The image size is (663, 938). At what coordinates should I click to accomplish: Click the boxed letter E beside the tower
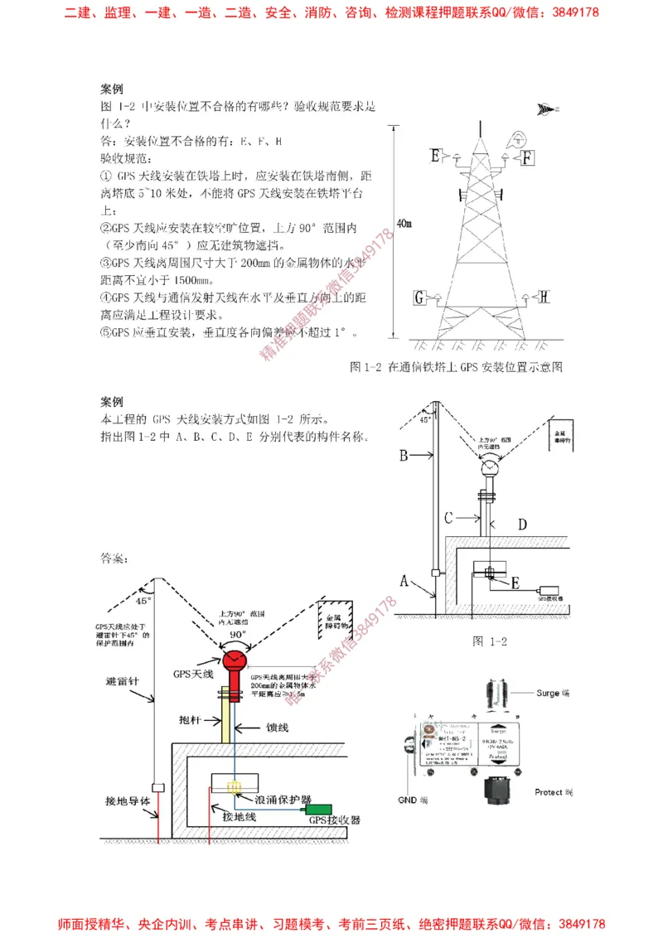pyautogui.click(x=436, y=155)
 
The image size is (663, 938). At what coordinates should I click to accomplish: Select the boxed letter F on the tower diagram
pyautogui.click(x=528, y=156)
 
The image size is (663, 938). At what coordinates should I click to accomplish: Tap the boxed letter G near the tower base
pyautogui.click(x=420, y=297)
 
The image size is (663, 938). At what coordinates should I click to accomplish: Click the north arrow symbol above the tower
pyautogui.click(x=546, y=108)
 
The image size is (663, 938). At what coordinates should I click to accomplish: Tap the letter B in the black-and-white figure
pyautogui.click(x=404, y=455)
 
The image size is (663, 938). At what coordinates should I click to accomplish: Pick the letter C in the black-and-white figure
pyautogui.click(x=448, y=518)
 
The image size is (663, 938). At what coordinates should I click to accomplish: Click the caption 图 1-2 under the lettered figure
pyautogui.click(x=489, y=641)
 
